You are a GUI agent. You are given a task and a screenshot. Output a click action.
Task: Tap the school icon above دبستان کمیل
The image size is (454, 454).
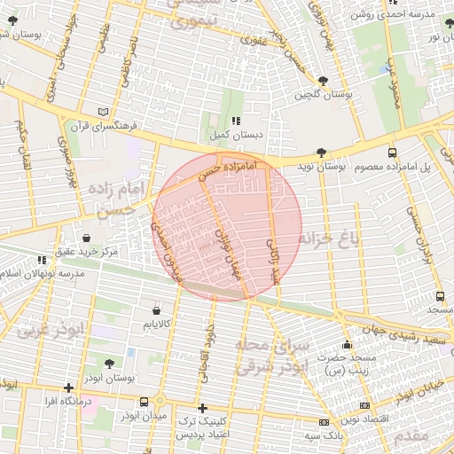point(235,121)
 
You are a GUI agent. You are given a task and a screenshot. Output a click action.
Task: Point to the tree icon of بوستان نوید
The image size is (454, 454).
point(320,153)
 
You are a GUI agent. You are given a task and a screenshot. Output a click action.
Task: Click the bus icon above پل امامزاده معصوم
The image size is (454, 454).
point(392,153)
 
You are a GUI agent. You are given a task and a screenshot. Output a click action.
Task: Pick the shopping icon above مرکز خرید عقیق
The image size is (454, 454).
point(86,238)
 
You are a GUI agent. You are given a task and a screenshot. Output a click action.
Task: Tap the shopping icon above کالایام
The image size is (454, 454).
point(157,311)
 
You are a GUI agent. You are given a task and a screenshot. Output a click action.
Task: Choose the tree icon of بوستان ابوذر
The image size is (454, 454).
point(109,364)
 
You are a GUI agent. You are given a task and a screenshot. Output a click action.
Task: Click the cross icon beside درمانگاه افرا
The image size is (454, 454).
point(68,387)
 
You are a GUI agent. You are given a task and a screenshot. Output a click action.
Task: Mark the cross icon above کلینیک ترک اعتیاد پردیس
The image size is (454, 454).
point(203,408)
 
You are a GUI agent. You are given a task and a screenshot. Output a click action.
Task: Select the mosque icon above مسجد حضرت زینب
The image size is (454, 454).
point(348,345)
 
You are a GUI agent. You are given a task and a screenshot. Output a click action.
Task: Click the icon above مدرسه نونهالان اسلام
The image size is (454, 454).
point(41,260)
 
